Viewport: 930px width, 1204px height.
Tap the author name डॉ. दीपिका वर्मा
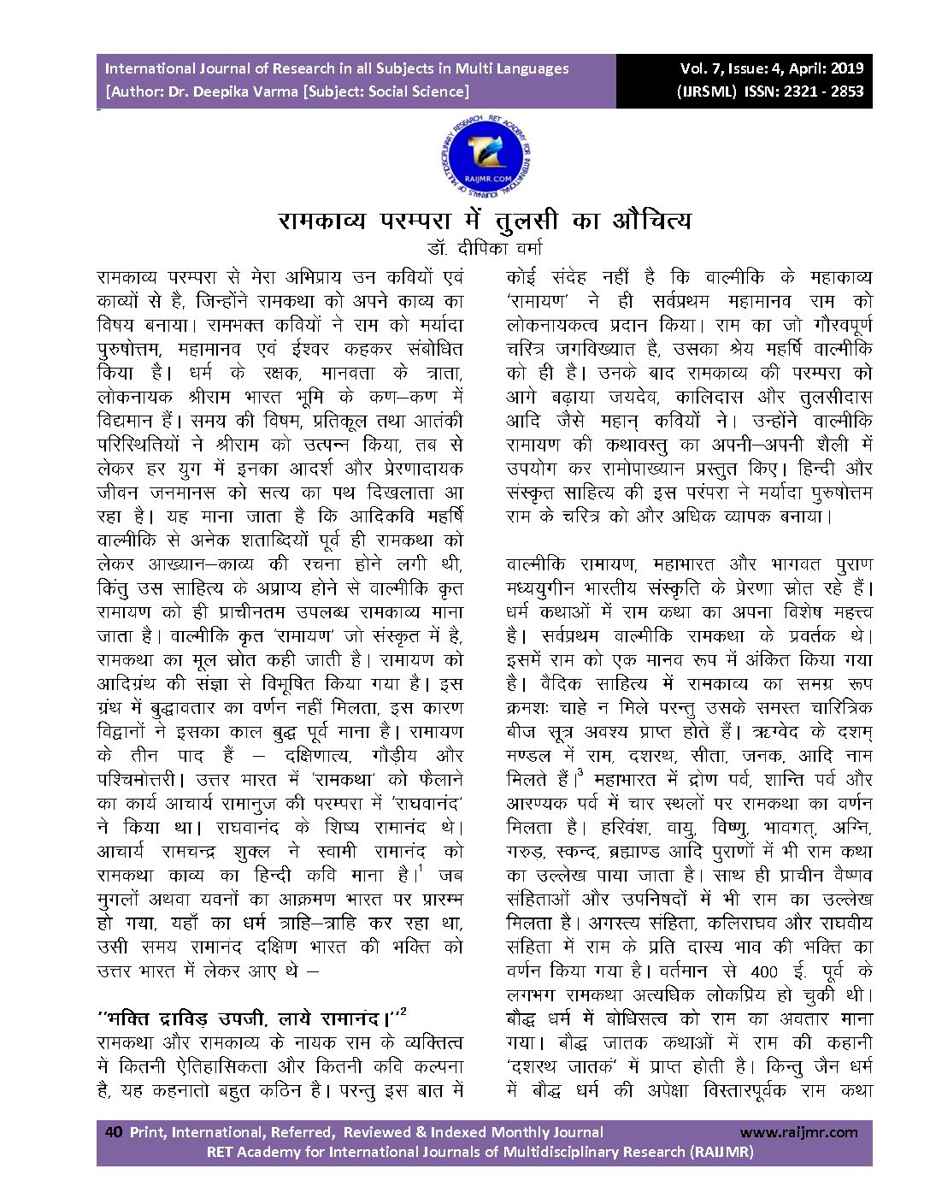tap(485, 249)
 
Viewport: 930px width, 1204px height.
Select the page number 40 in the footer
tap(113, 1132)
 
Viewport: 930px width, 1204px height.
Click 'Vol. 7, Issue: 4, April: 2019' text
tap(772, 68)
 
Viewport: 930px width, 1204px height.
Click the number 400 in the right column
tap(764, 971)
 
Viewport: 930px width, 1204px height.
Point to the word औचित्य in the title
tap(651, 221)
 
